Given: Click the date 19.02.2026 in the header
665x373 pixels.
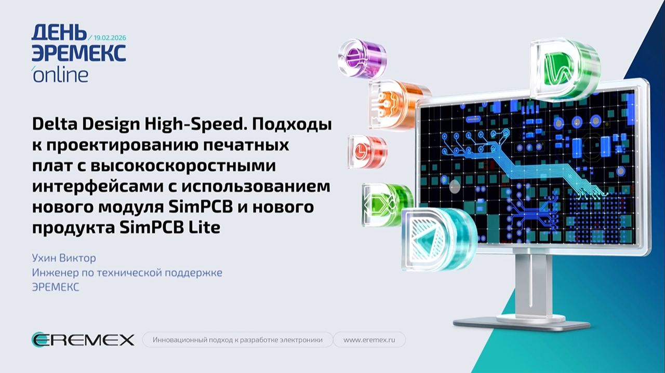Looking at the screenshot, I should tap(110, 38).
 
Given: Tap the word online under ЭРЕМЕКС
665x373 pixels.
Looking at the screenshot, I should tap(60, 75).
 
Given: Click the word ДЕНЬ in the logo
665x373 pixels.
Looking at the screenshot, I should tap(59, 33).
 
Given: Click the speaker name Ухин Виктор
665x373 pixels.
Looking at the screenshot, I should tap(64, 258).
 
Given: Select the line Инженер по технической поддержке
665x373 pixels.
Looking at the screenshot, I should tap(127, 272).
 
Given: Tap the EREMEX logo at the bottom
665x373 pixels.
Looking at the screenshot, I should tap(83, 340).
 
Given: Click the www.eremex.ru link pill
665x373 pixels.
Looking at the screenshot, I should tap(369, 340).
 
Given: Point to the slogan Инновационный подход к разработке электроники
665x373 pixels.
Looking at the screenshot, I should tap(237, 340).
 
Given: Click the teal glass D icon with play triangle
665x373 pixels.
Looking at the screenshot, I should tap(437, 240).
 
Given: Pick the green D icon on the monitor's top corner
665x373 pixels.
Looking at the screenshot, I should tap(564, 68).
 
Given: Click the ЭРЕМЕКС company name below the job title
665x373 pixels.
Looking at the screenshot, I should tap(56, 287).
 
